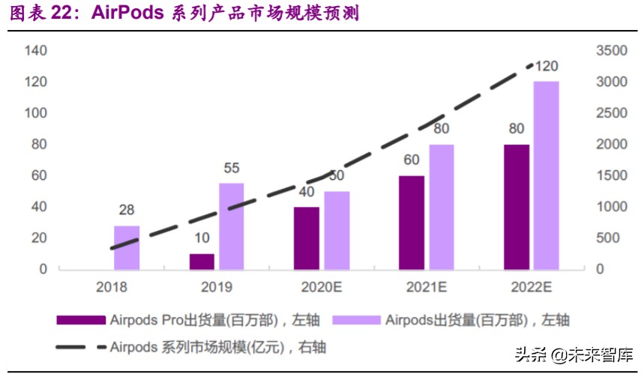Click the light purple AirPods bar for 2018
pyautogui.click(x=127, y=247)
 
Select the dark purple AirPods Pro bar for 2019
pyautogui.click(x=202, y=261)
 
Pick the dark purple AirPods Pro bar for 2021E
pyautogui.click(x=412, y=222)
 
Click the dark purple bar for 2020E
pyautogui.click(x=307, y=238)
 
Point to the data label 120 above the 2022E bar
pyautogui.click(x=546, y=67)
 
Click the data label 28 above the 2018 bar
pyautogui.click(x=127, y=211)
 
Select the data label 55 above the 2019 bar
pyautogui.click(x=231, y=169)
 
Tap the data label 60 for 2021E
pyautogui.click(x=412, y=160)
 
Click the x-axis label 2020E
pyautogui.click(x=322, y=287)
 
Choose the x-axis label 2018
pyautogui.click(x=112, y=287)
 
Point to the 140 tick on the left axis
pyautogui.click(x=35, y=50)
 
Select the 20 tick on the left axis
pyautogui.click(x=38, y=238)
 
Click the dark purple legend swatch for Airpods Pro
pyautogui.click(x=81, y=320)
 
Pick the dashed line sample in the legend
pyautogui.click(x=81, y=347)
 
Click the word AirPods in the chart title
pyautogui.click(x=130, y=14)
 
